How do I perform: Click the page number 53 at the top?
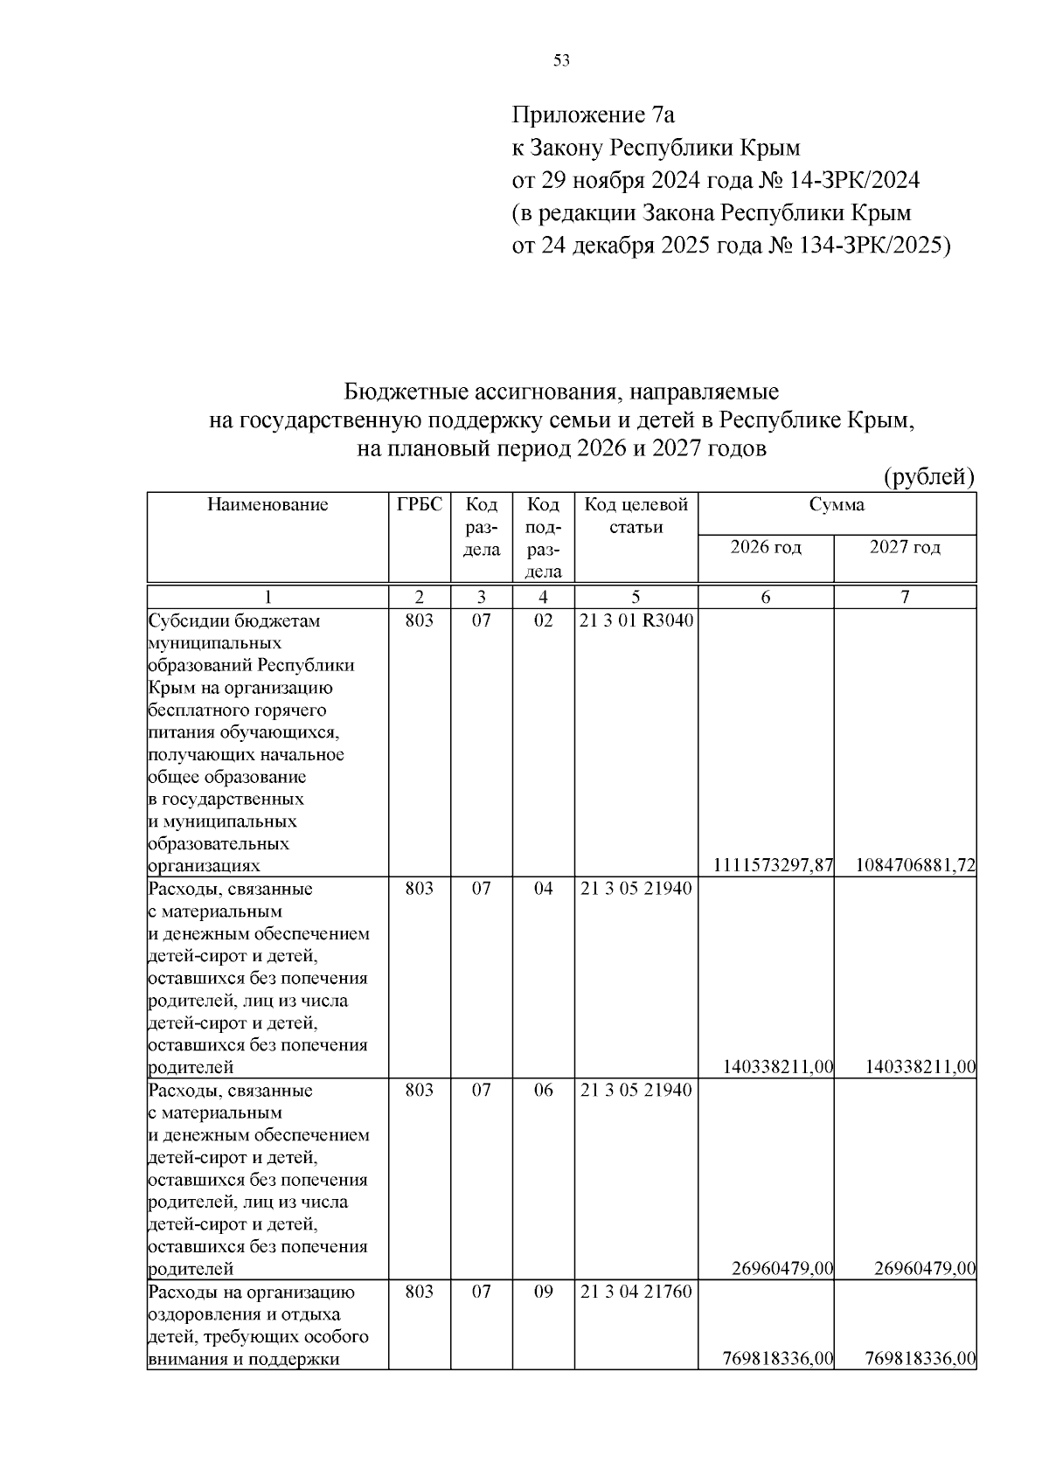coord(562,60)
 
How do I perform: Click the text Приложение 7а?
coord(593,114)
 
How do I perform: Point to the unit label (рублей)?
coord(929,476)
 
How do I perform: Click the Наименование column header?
coord(267,504)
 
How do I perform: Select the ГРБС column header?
coord(420,504)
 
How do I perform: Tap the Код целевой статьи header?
coord(636,516)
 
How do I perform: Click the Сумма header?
coord(837,504)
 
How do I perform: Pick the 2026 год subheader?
coord(766,548)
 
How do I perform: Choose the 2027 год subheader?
coord(905,548)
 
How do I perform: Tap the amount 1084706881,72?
coord(915,866)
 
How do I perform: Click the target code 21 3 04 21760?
coord(636,1292)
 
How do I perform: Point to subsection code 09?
coord(543,1292)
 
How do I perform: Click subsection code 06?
coord(543,1091)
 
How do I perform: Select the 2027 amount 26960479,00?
coord(924,1269)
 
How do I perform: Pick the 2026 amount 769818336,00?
coord(778,1359)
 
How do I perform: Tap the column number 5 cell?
coord(636,598)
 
